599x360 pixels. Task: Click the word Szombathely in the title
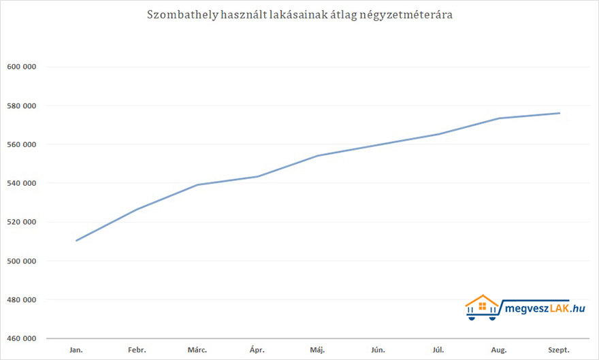(182, 15)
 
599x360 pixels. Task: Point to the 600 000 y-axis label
(21, 67)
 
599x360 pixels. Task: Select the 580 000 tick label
(21, 105)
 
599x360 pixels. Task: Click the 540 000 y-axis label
(21, 183)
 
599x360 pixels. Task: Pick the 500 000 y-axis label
(21, 261)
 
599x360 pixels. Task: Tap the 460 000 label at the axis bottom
(21, 338)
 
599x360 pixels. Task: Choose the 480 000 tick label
(21, 299)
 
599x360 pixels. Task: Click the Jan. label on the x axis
(76, 350)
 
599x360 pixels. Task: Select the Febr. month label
(137, 350)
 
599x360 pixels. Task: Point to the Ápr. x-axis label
(257, 350)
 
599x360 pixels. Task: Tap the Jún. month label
(378, 350)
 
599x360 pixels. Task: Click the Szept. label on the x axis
(559, 350)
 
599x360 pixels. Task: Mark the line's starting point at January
(76, 240)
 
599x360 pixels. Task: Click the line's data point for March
(197, 184)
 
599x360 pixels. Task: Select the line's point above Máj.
(318, 156)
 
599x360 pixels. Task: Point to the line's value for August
(499, 118)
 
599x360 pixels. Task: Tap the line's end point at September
(560, 113)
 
